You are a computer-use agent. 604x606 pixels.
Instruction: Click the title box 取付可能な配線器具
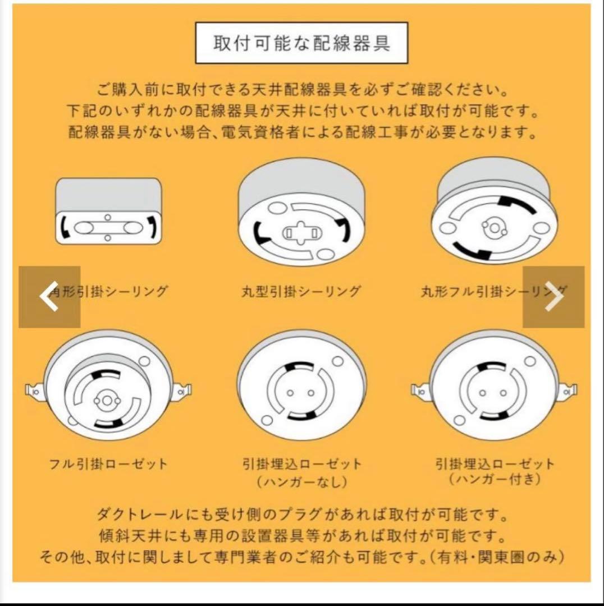coord(301,43)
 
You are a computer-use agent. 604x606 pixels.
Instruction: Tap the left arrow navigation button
coord(49,297)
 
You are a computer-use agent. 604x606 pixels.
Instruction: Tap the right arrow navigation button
coord(553,297)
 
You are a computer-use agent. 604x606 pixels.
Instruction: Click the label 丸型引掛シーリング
coord(301,292)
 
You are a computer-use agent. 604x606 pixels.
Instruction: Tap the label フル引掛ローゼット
coord(108,464)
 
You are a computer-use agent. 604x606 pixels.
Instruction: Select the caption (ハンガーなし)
coord(301,481)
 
